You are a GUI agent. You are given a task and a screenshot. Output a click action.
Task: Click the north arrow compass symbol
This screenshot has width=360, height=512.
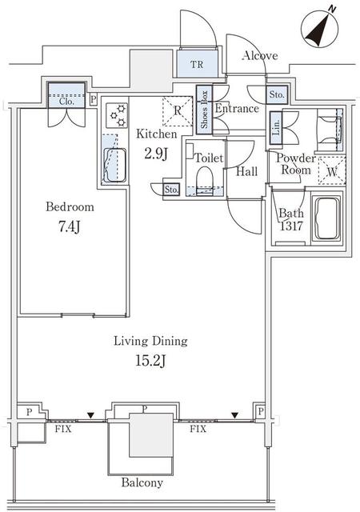pyautogui.click(x=319, y=29)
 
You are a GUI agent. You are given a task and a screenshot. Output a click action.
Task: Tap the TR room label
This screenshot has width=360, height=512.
pyautogui.click(x=197, y=64)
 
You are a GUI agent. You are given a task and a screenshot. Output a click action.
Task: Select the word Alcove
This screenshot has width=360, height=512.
pyautogui.click(x=260, y=56)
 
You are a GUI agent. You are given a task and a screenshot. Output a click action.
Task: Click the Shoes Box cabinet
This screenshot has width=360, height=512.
pyautogui.click(x=204, y=110)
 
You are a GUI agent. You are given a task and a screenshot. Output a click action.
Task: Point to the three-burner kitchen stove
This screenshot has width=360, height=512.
pyautogui.click(x=117, y=115)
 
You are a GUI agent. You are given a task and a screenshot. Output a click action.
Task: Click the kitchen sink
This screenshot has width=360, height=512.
pyautogui.click(x=114, y=166)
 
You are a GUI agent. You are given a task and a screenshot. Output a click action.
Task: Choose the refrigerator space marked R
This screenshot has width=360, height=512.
pyautogui.click(x=178, y=111)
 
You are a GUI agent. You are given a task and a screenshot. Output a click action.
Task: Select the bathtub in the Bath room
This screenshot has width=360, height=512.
pyautogui.click(x=326, y=218)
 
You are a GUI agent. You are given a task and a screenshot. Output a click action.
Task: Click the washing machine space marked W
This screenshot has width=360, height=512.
pyautogui.click(x=331, y=171)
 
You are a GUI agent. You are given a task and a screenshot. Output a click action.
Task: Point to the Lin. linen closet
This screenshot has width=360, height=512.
pyautogui.click(x=276, y=127)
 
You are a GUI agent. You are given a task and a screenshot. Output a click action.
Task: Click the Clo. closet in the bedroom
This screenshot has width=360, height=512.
pyautogui.click(x=66, y=95)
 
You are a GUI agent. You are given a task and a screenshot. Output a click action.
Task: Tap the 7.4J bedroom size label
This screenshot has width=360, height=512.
pyautogui.click(x=70, y=227)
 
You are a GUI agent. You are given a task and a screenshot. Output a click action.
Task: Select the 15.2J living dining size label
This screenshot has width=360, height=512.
pyautogui.click(x=150, y=361)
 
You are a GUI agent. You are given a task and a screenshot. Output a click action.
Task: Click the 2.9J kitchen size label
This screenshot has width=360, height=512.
pyautogui.click(x=156, y=154)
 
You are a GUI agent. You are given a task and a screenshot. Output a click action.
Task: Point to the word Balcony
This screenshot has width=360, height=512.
pyautogui.click(x=142, y=482)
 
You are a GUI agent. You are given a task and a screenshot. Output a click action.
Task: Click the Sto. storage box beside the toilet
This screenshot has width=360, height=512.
pyautogui.click(x=171, y=190)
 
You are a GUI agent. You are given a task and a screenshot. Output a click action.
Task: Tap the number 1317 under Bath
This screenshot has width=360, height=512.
pyautogui.click(x=291, y=226)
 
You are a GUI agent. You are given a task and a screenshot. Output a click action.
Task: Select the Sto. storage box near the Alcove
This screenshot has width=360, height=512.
pyautogui.click(x=277, y=94)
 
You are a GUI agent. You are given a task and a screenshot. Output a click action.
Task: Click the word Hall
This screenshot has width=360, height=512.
pyautogui.click(x=246, y=171)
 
